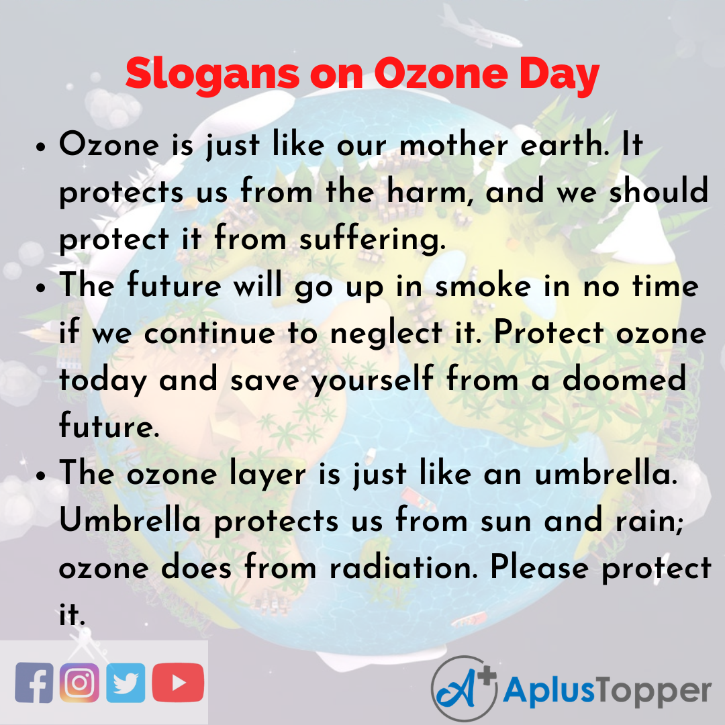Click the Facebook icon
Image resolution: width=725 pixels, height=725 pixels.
pos(34,683)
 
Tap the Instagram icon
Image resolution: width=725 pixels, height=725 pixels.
pos(79,683)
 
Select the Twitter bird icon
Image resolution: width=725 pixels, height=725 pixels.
pos(126,683)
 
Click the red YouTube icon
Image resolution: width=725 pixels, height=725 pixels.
pos(178,683)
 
